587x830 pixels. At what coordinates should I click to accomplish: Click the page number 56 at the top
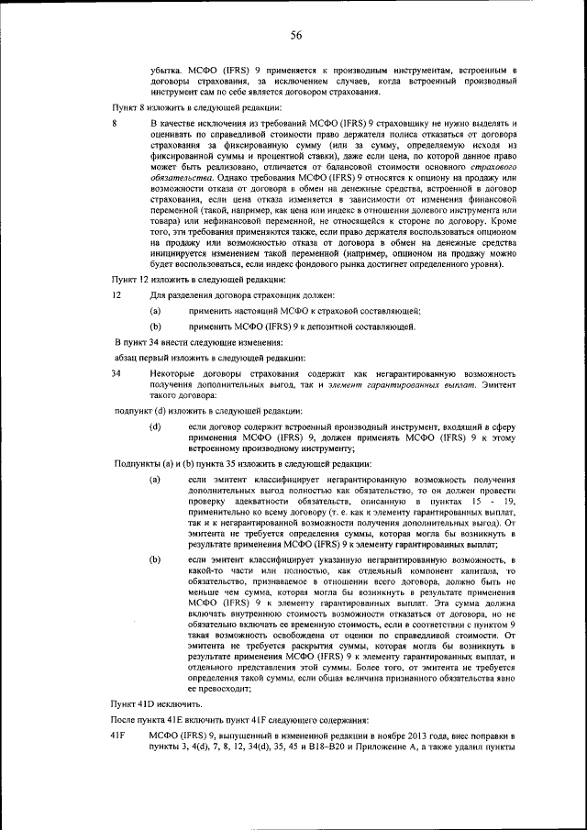click(x=296, y=36)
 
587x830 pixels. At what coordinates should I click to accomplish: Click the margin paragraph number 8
click(x=114, y=122)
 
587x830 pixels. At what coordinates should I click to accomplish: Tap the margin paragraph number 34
click(x=116, y=373)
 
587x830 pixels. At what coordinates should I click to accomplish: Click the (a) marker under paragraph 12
click(x=156, y=310)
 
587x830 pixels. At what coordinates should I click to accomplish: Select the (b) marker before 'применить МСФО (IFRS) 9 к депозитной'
click(x=156, y=325)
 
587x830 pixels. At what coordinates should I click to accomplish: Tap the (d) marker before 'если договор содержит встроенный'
click(x=156, y=426)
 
